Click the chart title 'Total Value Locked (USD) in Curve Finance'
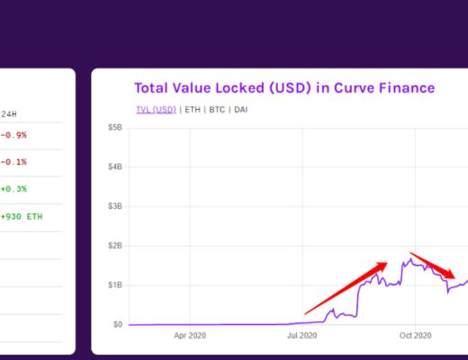(284, 88)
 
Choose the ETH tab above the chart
(192, 110)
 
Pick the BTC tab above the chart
(217, 110)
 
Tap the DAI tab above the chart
(241, 110)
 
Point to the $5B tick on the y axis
(116, 128)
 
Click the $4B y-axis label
(116, 166)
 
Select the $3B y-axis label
(116, 206)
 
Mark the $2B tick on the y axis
(116, 246)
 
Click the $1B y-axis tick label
(116, 284)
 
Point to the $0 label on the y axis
(118, 324)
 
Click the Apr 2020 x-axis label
(190, 335)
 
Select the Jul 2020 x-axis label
(302, 335)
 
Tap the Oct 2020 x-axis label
(416, 335)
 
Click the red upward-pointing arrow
(347, 288)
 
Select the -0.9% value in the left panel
(13, 136)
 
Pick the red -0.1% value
(13, 162)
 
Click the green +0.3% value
(13, 189)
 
